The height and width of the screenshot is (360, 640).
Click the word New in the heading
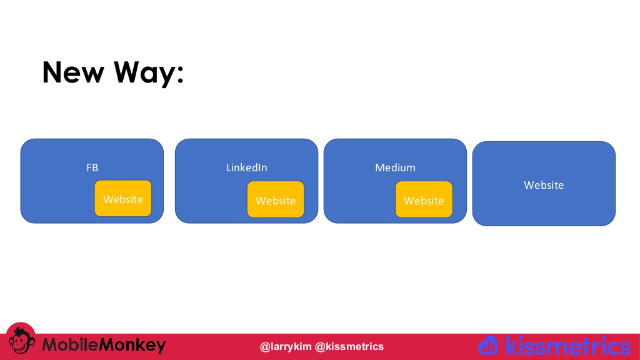point(74,72)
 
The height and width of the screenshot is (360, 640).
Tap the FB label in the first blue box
point(92,167)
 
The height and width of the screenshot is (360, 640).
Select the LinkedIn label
point(246,167)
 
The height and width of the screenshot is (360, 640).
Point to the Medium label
point(395,167)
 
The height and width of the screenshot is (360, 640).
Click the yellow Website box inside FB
point(123,198)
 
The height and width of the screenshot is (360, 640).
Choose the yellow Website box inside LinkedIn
point(276,199)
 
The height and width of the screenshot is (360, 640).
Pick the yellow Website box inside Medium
point(424,199)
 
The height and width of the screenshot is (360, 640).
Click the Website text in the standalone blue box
point(544,185)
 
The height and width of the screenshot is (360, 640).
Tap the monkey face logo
point(21,339)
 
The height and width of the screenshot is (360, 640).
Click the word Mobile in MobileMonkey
point(70,345)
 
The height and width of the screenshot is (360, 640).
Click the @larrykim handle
point(285,346)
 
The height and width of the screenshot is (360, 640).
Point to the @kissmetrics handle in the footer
point(349,346)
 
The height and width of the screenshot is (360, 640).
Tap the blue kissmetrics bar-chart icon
point(488,345)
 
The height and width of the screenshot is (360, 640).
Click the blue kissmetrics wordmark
point(567,346)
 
